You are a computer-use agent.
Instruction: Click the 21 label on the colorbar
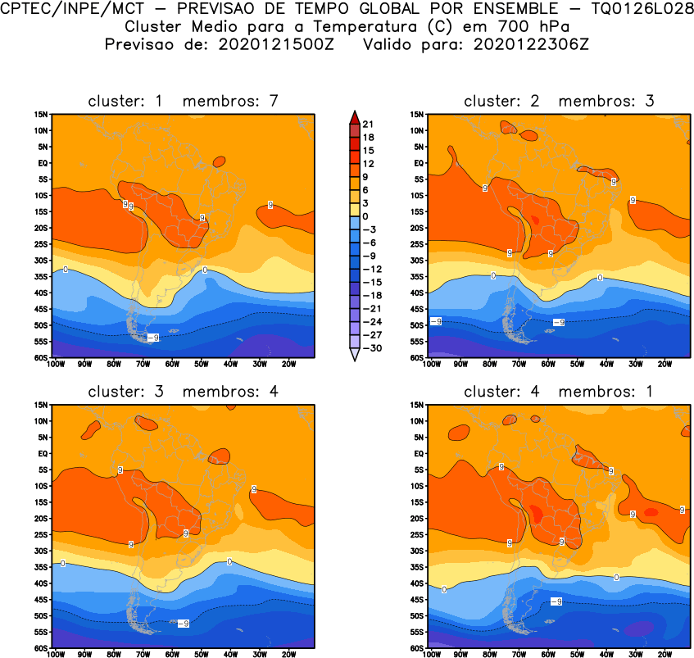point(367,124)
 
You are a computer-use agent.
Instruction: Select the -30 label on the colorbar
point(370,347)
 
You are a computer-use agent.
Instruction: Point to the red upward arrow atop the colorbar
point(353,116)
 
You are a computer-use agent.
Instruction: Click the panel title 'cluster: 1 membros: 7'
point(184,101)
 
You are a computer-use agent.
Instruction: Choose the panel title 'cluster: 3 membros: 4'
point(184,392)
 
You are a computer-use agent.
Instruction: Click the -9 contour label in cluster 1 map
point(153,337)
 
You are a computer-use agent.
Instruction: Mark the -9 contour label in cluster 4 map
point(556,601)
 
